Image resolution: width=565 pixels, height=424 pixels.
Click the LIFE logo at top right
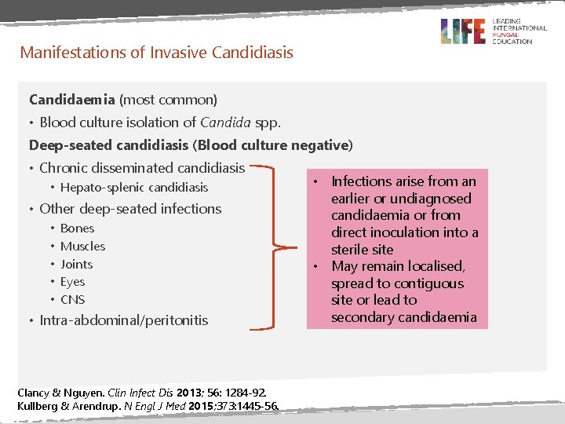(x=463, y=31)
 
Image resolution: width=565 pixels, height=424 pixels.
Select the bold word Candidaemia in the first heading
(x=72, y=100)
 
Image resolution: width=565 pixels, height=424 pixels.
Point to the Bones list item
(x=77, y=228)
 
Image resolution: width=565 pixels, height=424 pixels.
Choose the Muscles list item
(x=82, y=247)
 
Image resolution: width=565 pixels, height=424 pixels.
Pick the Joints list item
(x=76, y=265)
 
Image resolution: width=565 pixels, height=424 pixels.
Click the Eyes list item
(x=72, y=282)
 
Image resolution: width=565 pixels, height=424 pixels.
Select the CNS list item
(x=72, y=300)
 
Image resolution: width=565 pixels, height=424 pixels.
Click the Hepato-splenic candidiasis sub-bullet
(x=134, y=188)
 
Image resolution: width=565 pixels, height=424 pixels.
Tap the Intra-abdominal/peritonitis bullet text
(x=124, y=320)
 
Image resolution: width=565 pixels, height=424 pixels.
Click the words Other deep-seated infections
(x=130, y=209)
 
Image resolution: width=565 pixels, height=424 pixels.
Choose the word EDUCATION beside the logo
(x=512, y=42)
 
